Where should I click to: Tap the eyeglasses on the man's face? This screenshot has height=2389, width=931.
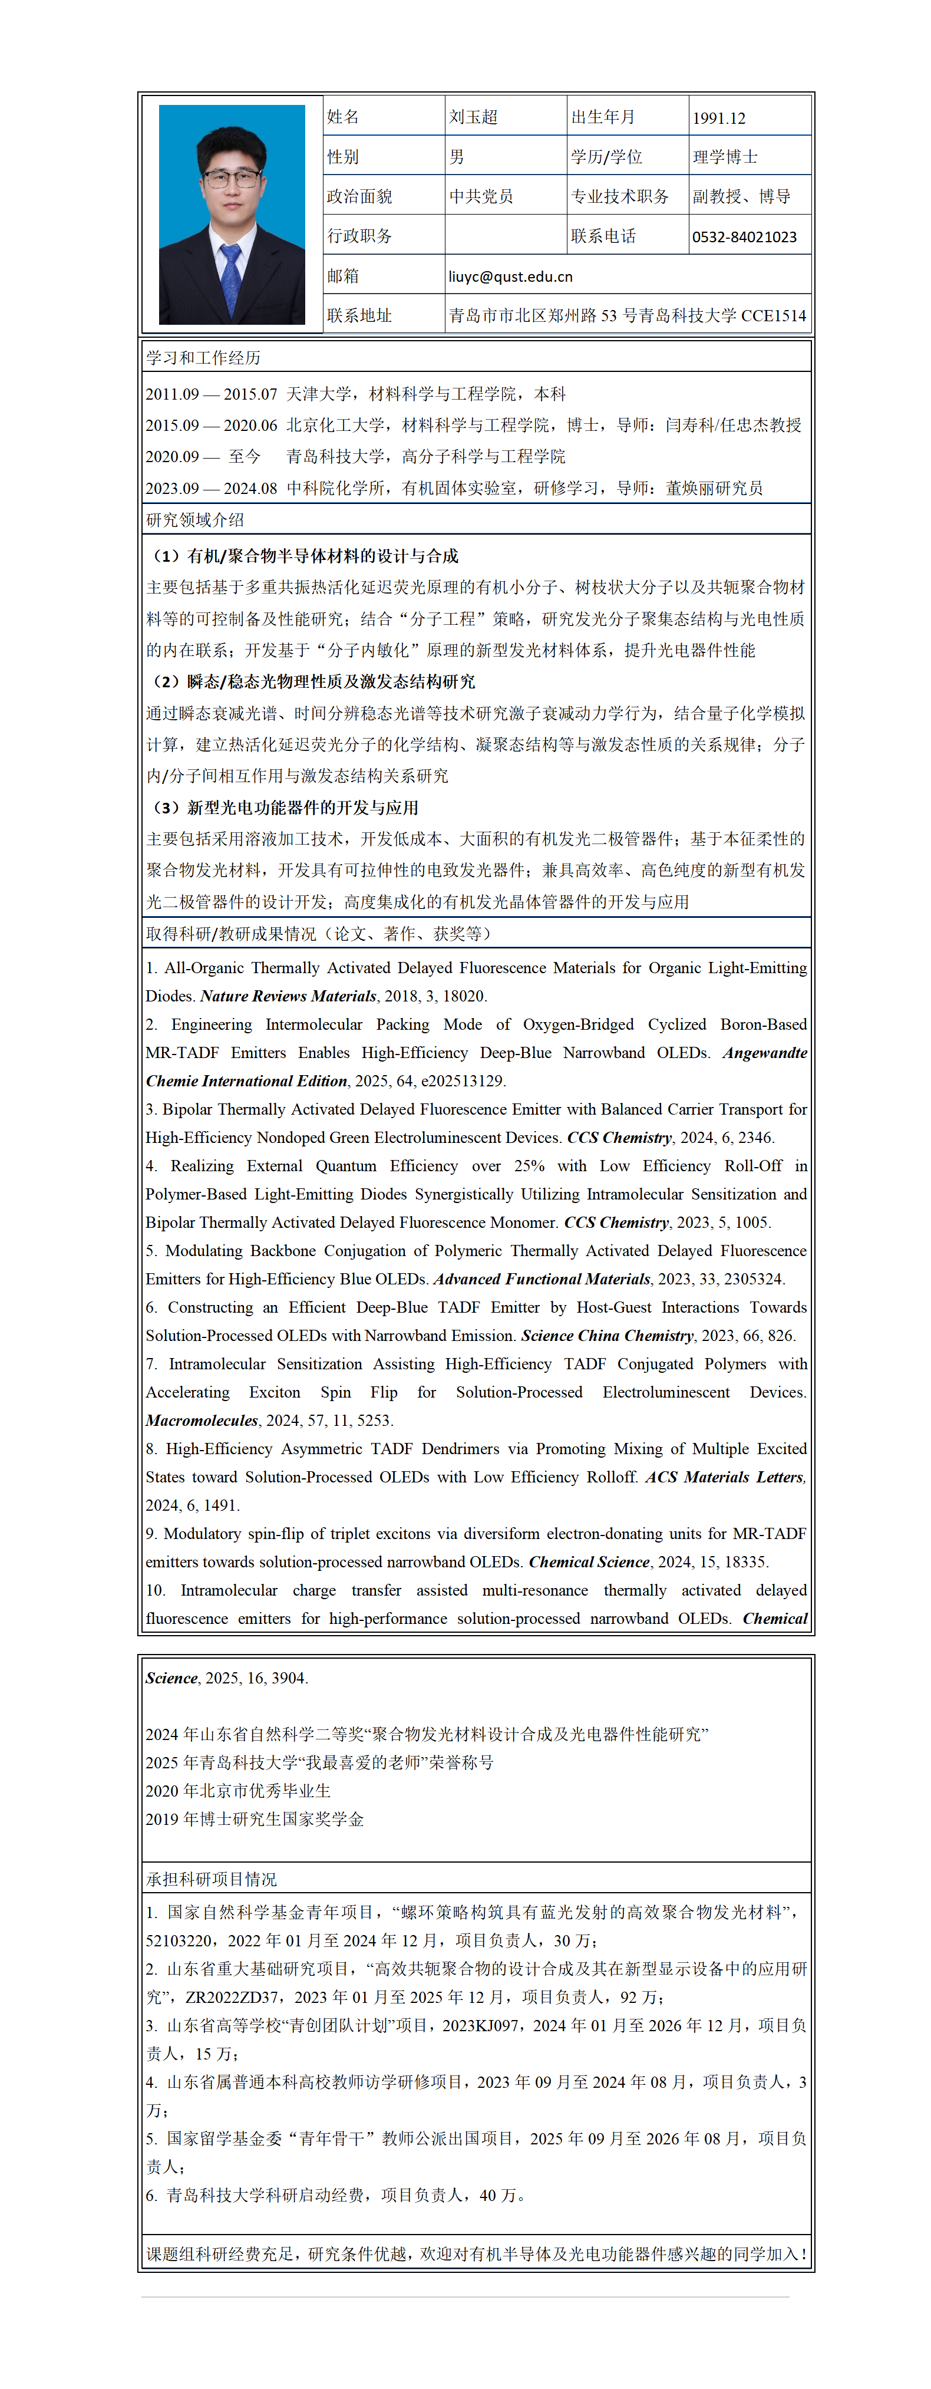pos(231,177)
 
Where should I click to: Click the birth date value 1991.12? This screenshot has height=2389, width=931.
pos(719,118)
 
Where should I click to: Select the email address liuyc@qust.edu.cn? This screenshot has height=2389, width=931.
pos(510,276)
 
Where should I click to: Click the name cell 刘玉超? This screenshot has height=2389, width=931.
pos(473,117)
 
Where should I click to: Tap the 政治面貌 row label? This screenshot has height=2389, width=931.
pos(360,197)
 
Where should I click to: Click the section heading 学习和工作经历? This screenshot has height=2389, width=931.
pos(203,358)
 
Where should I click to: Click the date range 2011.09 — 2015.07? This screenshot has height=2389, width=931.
pos(212,394)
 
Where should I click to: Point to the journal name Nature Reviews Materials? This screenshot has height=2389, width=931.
pos(288,996)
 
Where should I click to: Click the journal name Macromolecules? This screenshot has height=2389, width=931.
pos(201,1420)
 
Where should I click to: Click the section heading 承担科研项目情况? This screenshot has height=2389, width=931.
pos(212,1879)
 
